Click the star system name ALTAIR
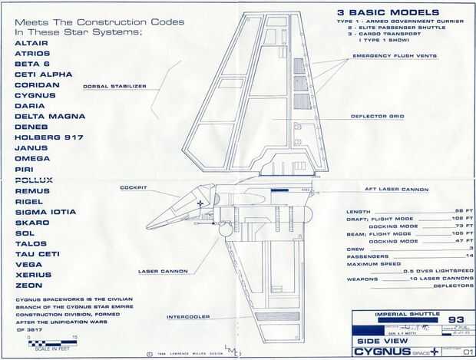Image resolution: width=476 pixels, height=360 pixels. pos(30,43)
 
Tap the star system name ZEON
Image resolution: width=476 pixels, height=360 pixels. pos(27,285)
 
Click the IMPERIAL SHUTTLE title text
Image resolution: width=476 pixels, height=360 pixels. pos(395,314)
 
